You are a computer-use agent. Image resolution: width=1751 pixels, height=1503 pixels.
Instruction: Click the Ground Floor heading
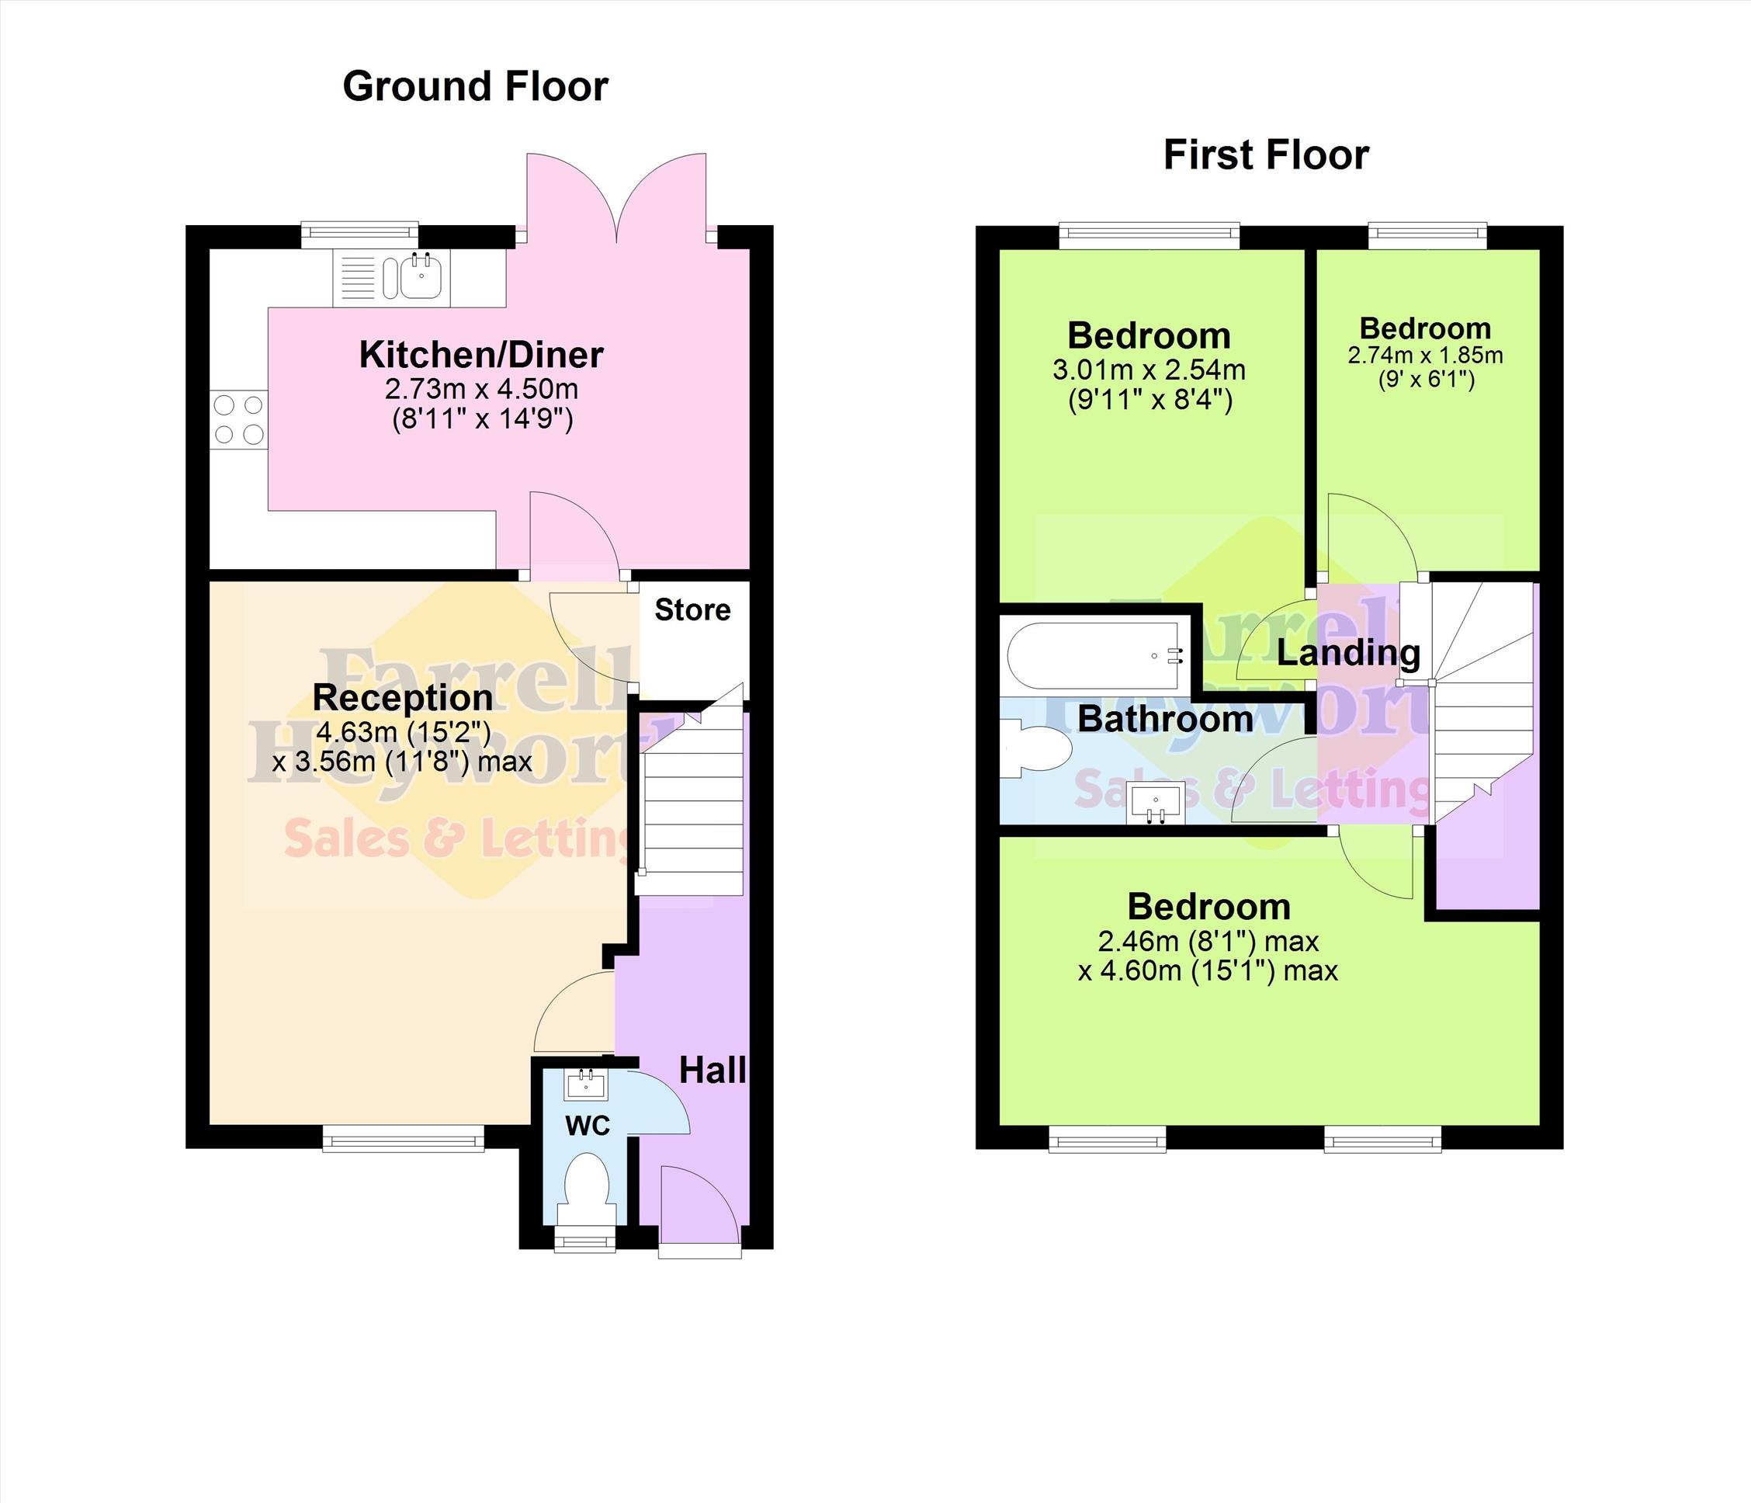point(475,86)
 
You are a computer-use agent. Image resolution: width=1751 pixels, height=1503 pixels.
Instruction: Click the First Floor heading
point(1266,155)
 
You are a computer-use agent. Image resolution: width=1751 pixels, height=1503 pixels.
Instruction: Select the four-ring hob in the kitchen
point(238,419)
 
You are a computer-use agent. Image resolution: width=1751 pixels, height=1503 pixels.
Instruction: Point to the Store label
point(693,609)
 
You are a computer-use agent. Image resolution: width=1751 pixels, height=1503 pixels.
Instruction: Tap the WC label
point(588,1126)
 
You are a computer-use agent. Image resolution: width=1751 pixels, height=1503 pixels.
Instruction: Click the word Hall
point(713,1071)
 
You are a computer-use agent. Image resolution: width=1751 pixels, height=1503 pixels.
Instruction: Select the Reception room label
point(402,697)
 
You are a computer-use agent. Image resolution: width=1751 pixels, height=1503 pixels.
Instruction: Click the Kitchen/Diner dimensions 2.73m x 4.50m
point(482,390)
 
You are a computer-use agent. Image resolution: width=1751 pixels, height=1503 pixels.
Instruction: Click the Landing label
point(1349,653)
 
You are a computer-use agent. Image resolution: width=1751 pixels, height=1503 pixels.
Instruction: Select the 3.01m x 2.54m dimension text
point(1149,370)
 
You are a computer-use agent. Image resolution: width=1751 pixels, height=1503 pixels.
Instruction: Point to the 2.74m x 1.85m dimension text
point(1426,356)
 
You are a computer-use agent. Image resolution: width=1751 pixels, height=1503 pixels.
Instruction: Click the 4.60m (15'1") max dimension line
point(1208,970)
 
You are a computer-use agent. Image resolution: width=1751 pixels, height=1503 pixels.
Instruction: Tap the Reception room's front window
point(403,1138)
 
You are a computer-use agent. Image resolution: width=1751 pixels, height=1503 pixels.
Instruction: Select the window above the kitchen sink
point(360,236)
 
